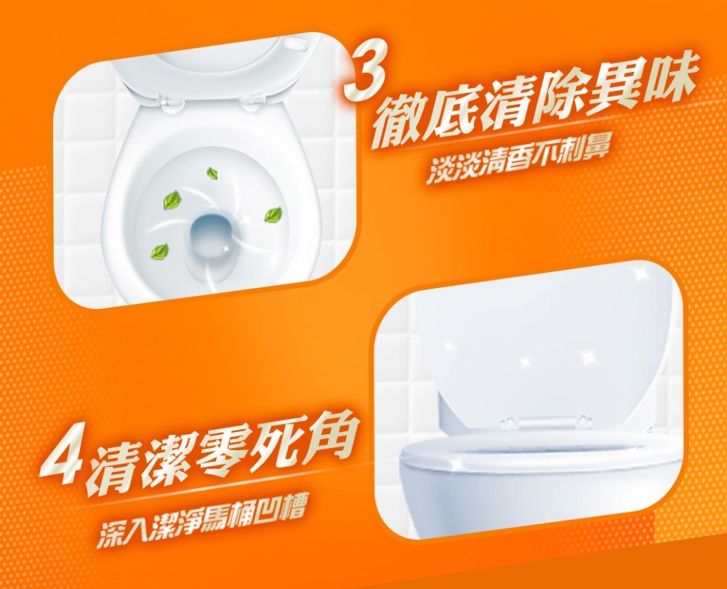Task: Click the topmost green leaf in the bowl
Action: (x=213, y=174)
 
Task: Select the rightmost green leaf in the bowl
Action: (x=273, y=215)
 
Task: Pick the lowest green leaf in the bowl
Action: (x=159, y=252)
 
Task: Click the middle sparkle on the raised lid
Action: (x=526, y=361)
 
